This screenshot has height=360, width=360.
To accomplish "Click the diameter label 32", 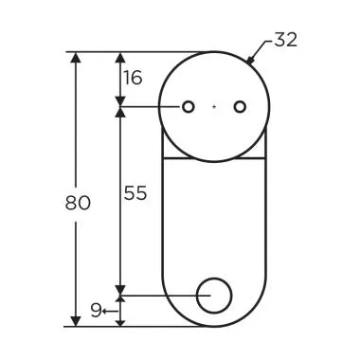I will point(285,40).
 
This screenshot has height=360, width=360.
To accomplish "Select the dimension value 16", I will point(134,78).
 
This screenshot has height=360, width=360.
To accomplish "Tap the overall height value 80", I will point(78,202).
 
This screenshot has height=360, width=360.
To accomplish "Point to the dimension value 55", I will point(135,192).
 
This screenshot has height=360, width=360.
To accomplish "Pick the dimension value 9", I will point(96,310).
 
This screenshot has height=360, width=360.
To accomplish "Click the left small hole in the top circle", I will point(189,107).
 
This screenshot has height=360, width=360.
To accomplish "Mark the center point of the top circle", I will point(214,107).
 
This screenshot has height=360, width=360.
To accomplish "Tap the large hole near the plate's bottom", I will point(214,296).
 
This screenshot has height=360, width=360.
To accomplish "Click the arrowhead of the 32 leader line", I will point(250,60).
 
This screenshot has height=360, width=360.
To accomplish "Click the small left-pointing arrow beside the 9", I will point(109,310).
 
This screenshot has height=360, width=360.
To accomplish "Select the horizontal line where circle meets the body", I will point(214,157).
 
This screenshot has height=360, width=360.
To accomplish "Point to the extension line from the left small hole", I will point(152,107).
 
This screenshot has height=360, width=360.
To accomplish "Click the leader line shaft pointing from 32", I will point(262,49).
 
